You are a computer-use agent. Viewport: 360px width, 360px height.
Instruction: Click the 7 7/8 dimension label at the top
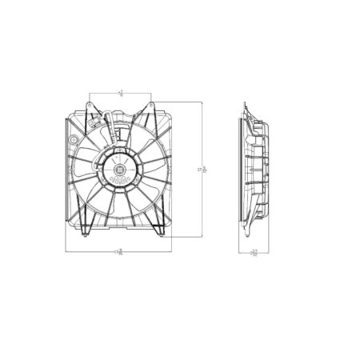tap(121, 93)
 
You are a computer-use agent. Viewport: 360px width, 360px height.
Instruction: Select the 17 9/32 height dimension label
tap(205, 170)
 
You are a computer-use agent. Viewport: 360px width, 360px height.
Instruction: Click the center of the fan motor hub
tap(118, 170)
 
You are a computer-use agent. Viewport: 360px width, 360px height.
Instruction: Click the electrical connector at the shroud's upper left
tap(97, 123)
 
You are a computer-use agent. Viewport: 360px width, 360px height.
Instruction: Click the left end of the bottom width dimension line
tap(65, 252)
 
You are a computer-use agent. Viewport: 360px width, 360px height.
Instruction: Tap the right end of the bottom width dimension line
tap(173, 252)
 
